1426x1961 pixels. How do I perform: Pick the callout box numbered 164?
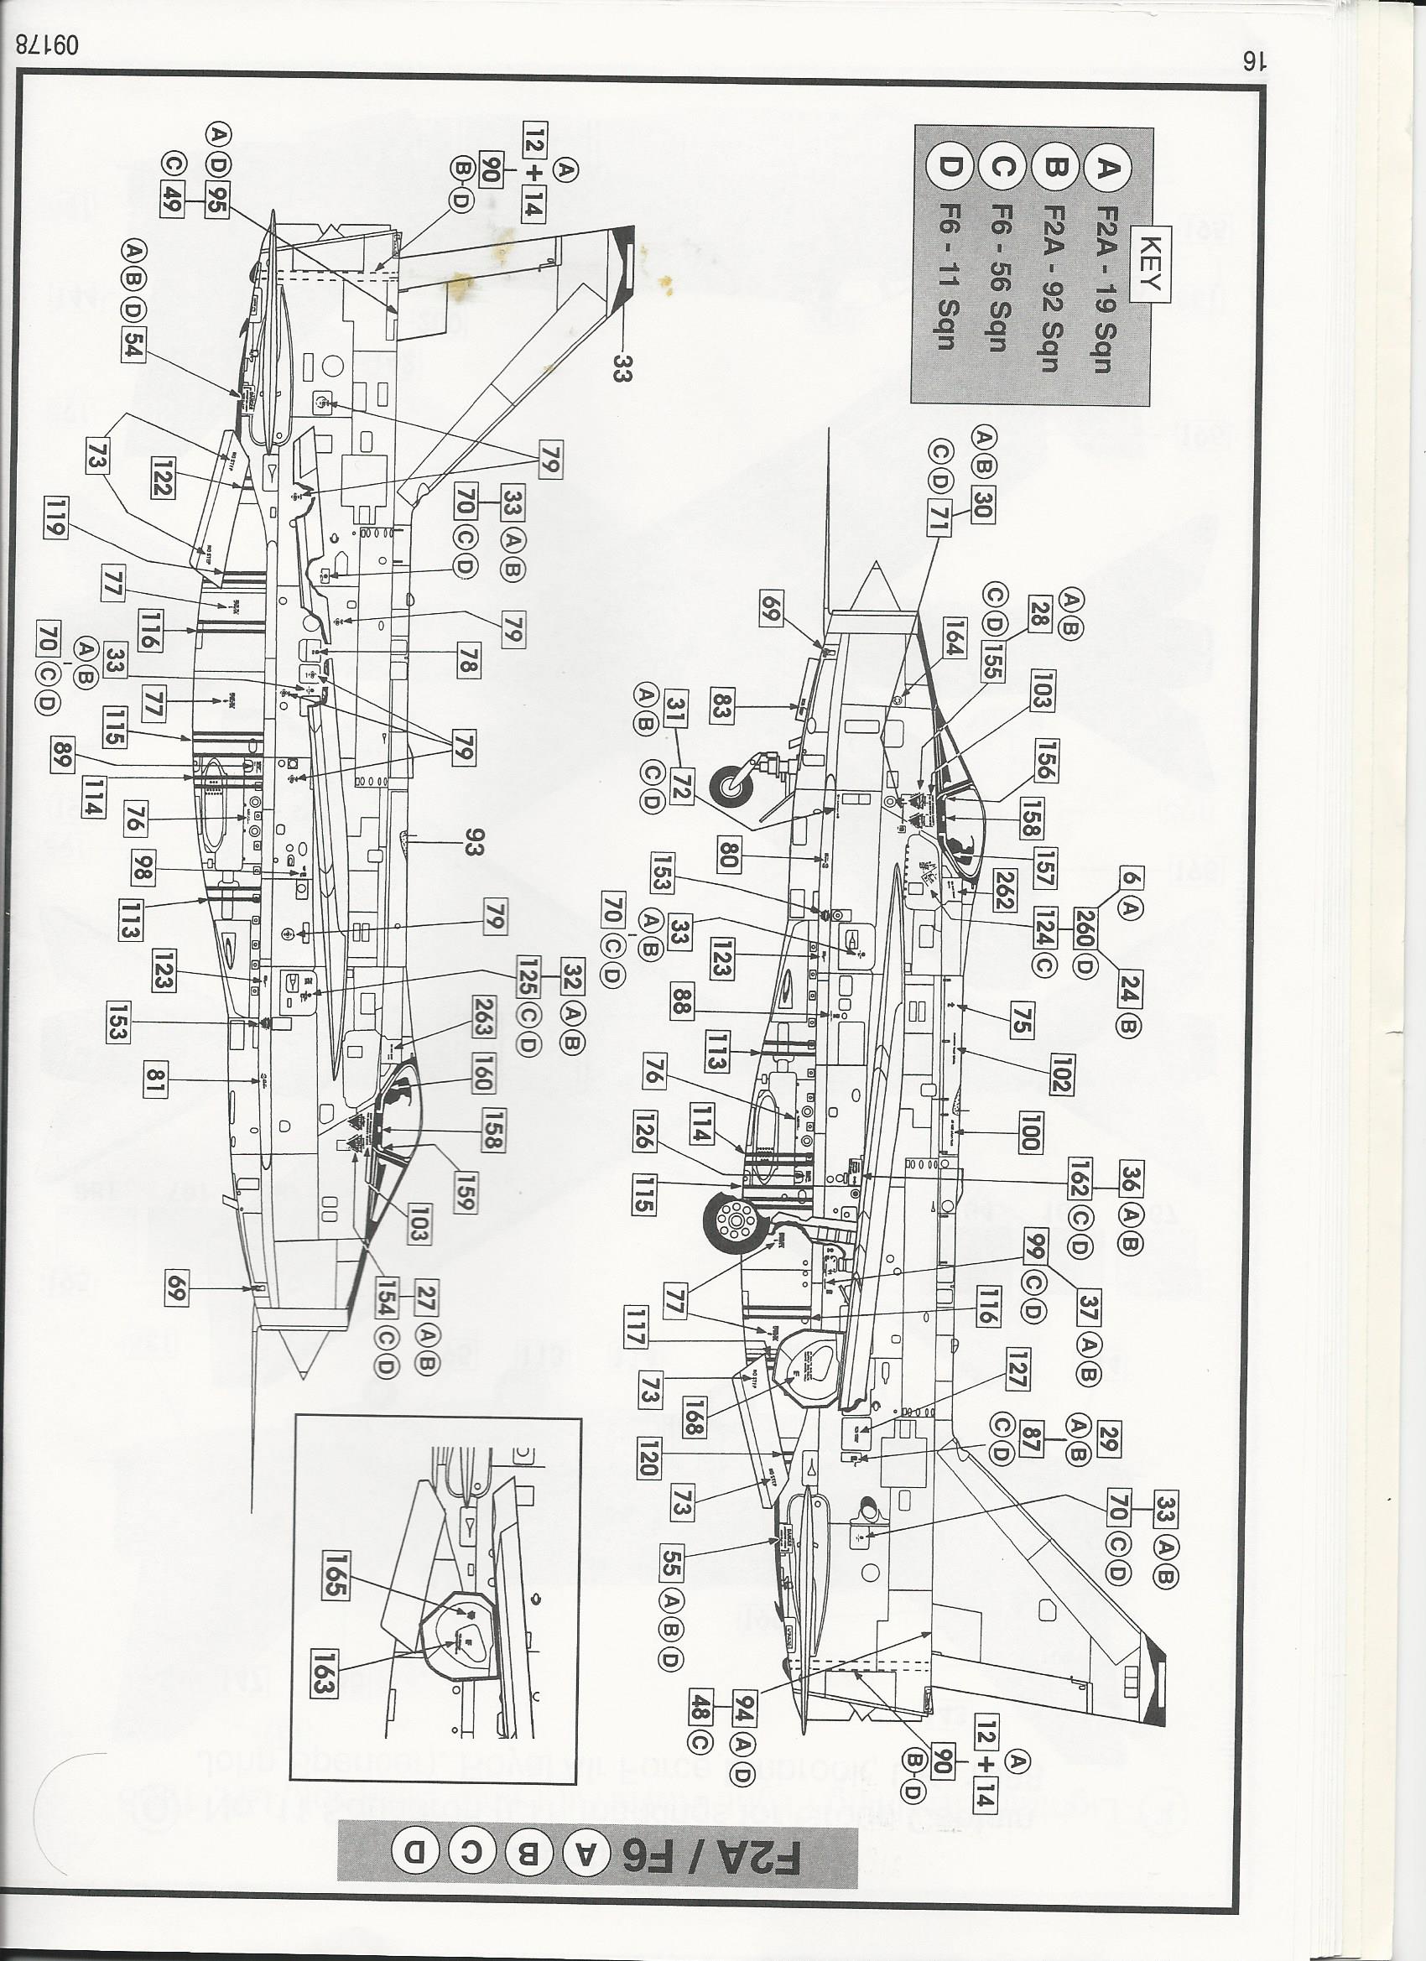(x=954, y=638)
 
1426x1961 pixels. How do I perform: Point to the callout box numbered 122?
(x=162, y=475)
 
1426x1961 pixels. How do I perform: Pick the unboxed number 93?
(x=473, y=842)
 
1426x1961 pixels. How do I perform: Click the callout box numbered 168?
(x=693, y=1417)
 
